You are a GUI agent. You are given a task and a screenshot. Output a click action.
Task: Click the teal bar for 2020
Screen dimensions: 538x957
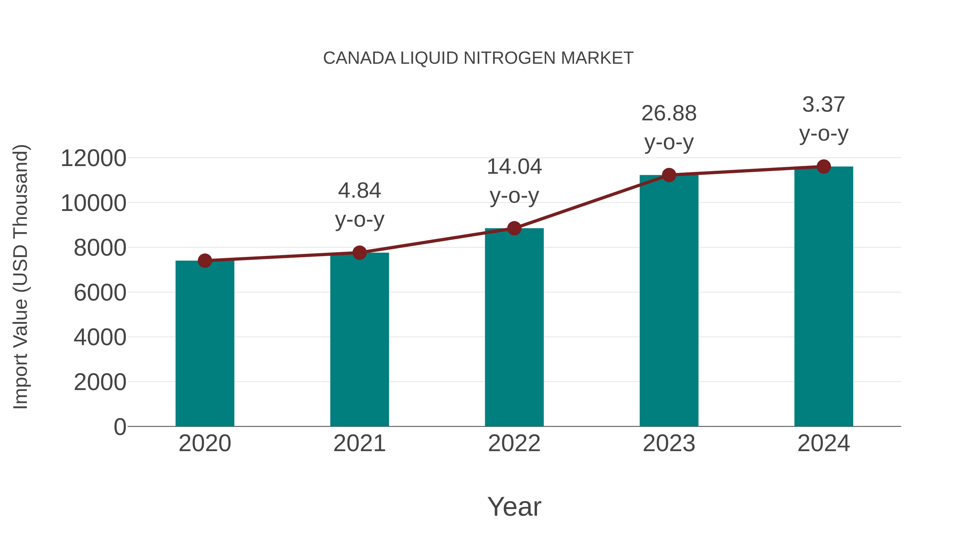(205, 344)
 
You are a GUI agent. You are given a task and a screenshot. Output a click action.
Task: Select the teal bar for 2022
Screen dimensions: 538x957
(514, 327)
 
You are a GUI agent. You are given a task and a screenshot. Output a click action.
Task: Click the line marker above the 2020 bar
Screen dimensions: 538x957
(205, 261)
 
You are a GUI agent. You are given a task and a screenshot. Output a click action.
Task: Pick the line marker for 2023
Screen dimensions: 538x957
(669, 175)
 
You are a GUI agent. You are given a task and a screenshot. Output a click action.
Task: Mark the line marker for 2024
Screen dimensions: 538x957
(824, 167)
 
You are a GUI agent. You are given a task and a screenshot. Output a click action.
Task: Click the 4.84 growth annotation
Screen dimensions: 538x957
(359, 205)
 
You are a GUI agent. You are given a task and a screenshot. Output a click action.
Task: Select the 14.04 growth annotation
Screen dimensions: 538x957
(514, 181)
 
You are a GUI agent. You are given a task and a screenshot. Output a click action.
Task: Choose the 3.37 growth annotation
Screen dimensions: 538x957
(824, 118)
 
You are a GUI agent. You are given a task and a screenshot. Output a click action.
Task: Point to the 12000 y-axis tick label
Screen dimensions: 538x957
(93, 158)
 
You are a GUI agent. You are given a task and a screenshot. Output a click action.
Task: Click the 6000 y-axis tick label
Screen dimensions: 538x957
(100, 293)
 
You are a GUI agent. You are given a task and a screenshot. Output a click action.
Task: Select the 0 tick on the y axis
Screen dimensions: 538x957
(120, 427)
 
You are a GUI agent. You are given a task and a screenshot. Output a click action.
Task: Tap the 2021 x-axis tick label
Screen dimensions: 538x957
(359, 443)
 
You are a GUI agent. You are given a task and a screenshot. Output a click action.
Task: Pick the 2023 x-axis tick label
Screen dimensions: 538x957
(669, 443)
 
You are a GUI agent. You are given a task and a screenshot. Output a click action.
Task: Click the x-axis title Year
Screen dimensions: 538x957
(514, 506)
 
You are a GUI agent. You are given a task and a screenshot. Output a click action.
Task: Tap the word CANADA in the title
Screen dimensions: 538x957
(359, 58)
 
